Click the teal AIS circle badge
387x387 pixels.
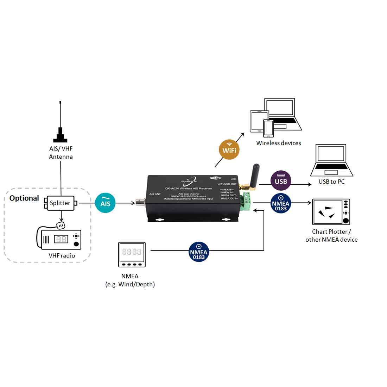point(105,203)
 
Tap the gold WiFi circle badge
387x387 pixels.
point(229,150)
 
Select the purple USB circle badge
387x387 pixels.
point(281,180)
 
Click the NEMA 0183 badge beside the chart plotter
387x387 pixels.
point(281,203)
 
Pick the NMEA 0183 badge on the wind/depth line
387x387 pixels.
point(199,252)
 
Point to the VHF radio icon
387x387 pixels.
point(60,239)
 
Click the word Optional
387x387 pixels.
point(24,198)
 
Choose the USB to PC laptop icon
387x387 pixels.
point(331,160)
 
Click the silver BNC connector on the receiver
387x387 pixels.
point(141,203)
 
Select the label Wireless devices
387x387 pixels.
point(278,143)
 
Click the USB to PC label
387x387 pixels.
point(331,182)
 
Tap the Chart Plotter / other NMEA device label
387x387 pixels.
point(331,235)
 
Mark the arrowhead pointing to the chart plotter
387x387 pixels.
point(310,203)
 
